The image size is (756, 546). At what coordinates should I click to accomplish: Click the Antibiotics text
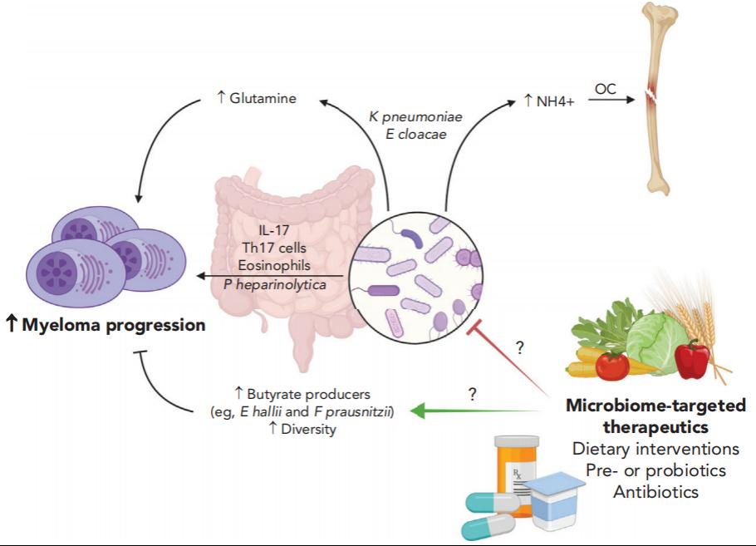coord(655,492)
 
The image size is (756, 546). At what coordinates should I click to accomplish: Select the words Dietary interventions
coord(655,449)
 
